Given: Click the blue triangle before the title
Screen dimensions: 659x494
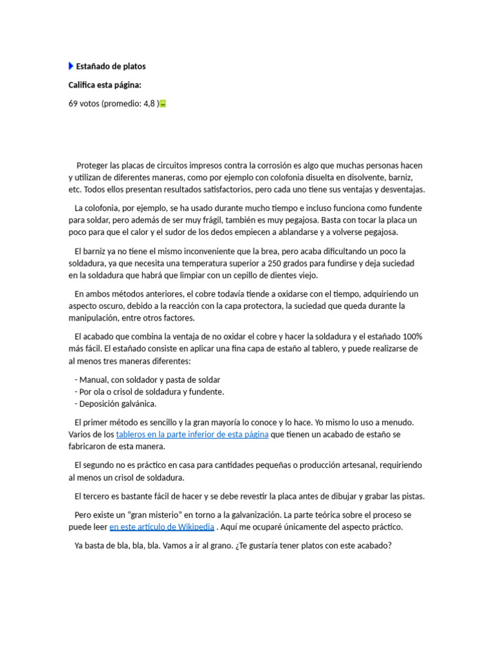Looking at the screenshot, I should click(71, 66).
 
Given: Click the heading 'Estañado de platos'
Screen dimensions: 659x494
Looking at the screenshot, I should click(111, 66).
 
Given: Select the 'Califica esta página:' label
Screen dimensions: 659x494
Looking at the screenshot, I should click(105, 85).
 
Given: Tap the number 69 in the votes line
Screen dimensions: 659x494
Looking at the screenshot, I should click(73, 104).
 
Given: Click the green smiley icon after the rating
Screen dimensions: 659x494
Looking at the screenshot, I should click(163, 104).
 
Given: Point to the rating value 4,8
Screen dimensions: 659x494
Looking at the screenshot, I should click(149, 104).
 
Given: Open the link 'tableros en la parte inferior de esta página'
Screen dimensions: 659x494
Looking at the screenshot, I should click(192, 434).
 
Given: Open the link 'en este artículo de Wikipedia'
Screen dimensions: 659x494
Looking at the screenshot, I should click(161, 526).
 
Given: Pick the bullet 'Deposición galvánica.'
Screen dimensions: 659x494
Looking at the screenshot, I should click(118, 404).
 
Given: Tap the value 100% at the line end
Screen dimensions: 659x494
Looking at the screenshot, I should click(412, 337).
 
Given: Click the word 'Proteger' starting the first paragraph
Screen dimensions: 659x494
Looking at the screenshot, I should click(93, 165).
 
